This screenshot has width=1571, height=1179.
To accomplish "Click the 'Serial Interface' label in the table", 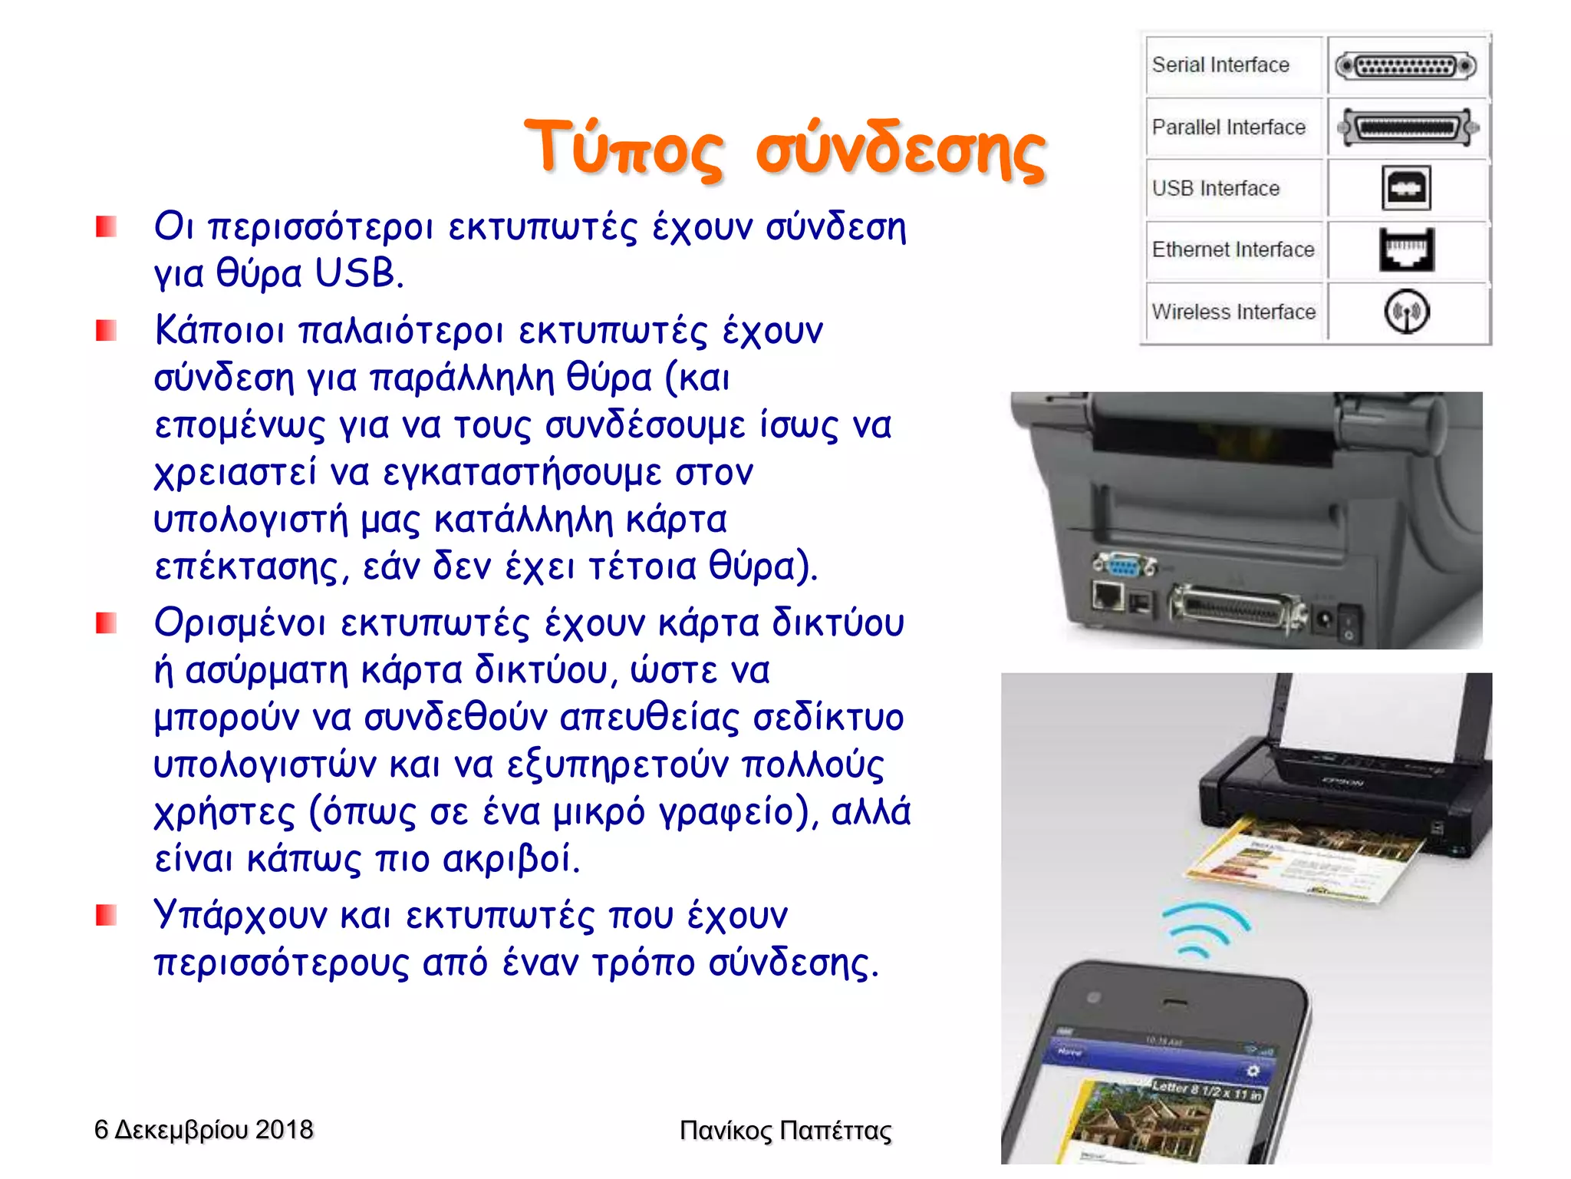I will click(1220, 65).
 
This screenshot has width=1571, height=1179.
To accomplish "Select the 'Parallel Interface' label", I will click(1228, 127).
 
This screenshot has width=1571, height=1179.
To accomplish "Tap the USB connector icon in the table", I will click(1406, 188).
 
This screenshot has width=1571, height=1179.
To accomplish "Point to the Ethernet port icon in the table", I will click(1406, 250).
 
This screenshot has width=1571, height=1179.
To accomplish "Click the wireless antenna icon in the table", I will click(1406, 312).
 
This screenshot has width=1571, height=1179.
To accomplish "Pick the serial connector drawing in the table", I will click(1406, 66).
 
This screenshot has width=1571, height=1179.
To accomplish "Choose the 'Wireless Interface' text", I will click(1233, 312).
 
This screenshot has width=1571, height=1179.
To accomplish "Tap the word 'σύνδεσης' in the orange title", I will click(900, 149).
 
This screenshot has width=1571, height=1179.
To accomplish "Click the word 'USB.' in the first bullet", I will click(359, 273).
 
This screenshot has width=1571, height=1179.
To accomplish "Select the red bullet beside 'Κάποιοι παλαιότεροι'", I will click(106, 331).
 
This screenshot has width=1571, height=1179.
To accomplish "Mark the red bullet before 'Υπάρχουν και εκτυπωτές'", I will click(106, 915).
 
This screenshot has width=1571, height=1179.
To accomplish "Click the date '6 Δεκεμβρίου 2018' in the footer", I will click(203, 1130).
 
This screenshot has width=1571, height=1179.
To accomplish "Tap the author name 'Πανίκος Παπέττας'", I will click(785, 1131).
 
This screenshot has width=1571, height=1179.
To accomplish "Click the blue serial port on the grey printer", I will click(1124, 566).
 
